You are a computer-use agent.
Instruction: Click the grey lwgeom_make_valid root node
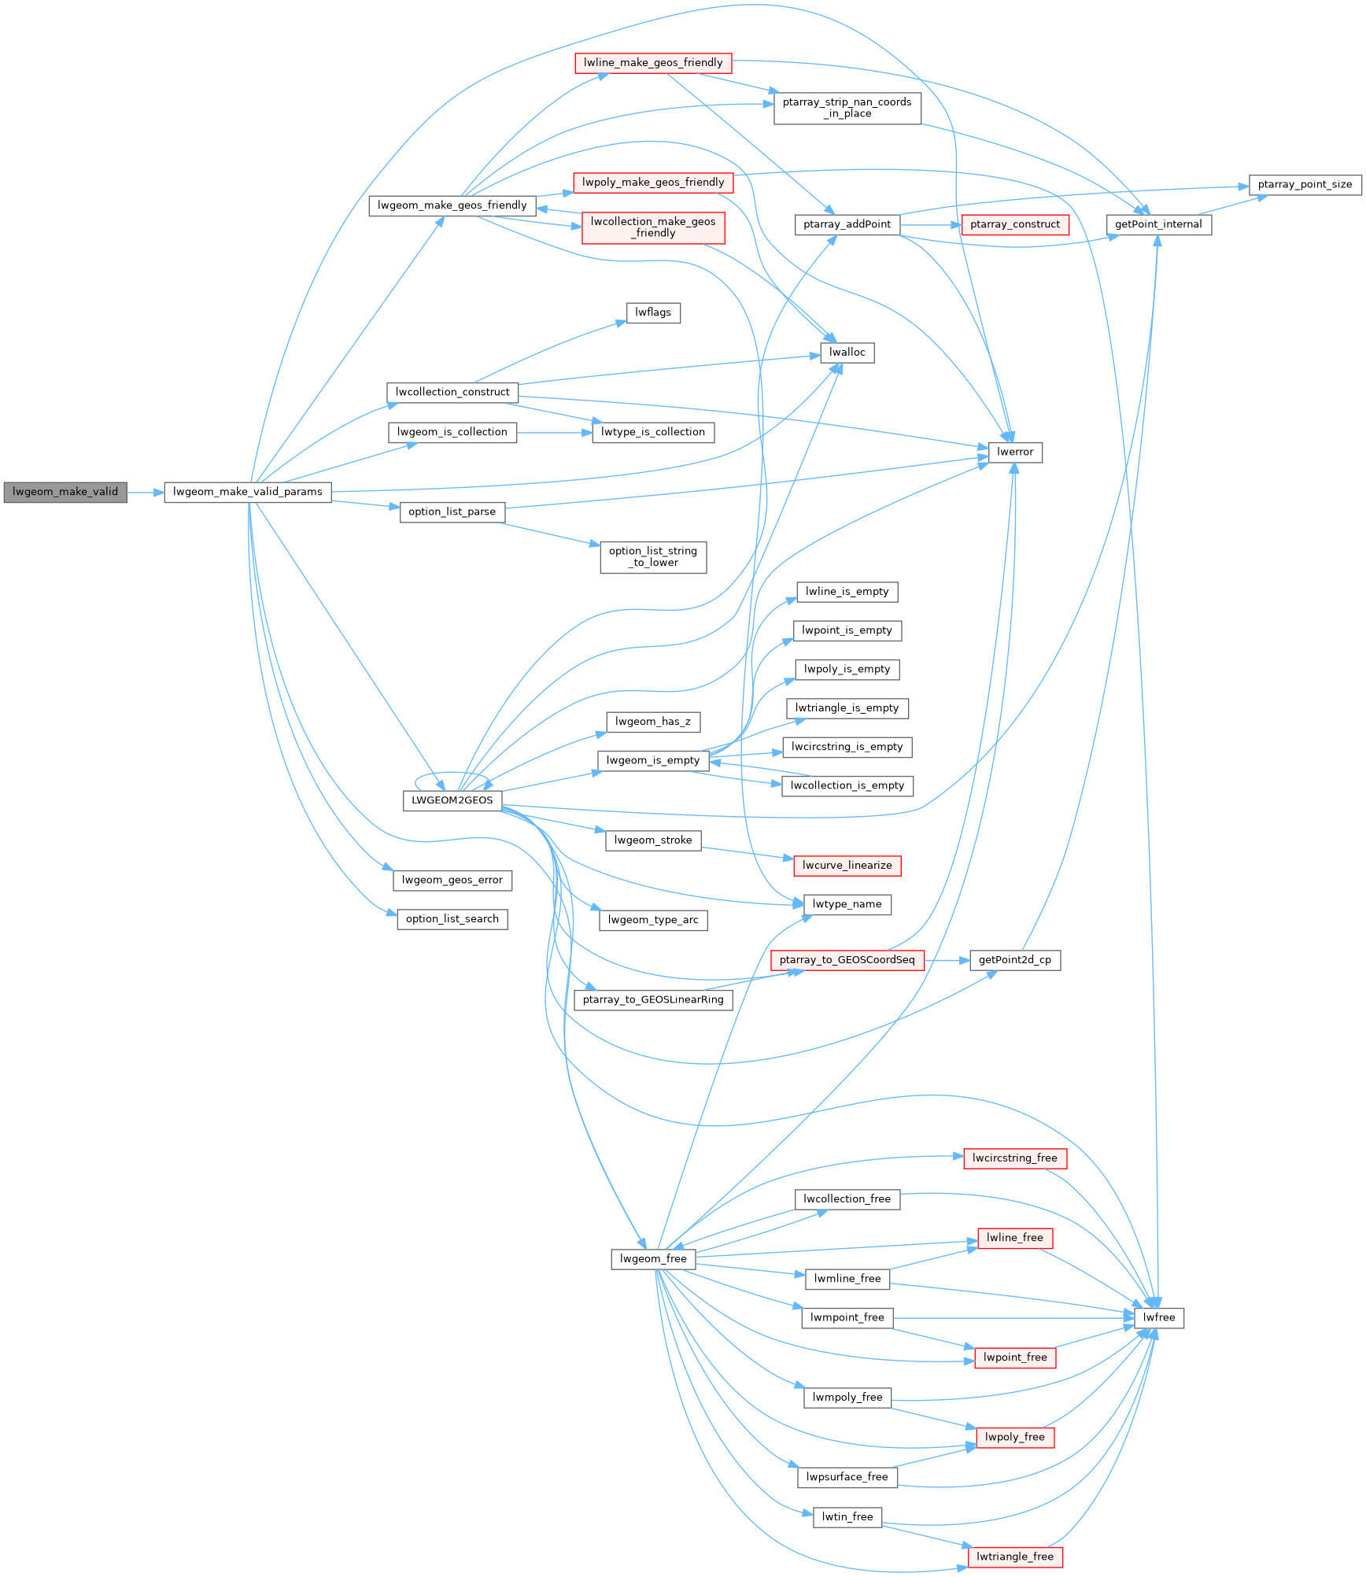click(x=65, y=493)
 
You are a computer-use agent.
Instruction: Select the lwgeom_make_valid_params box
click(x=248, y=493)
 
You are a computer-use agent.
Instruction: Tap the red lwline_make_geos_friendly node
click(x=653, y=63)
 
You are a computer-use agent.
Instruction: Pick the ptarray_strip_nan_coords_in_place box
click(x=847, y=108)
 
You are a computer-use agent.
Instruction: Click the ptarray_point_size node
click(x=1305, y=185)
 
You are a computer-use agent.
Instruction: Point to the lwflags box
click(x=653, y=313)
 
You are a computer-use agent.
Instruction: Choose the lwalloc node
click(x=847, y=353)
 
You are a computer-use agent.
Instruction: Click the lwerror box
click(x=1015, y=452)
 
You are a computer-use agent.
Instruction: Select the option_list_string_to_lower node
click(x=653, y=557)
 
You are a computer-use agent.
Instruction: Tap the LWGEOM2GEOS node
click(x=452, y=801)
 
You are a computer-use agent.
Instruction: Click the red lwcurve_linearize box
click(x=847, y=866)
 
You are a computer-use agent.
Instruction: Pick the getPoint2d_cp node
click(x=1015, y=960)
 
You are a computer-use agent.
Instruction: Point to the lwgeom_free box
click(x=653, y=1259)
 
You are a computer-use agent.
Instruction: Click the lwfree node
click(x=1159, y=1318)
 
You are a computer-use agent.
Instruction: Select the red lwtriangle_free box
click(x=1015, y=1557)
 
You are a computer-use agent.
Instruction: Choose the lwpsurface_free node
click(x=847, y=1477)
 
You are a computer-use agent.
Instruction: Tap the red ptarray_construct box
click(x=1015, y=225)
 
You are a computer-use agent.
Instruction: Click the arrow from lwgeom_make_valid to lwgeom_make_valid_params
click(x=146, y=493)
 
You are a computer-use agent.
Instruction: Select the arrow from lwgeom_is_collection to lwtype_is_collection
click(x=554, y=433)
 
